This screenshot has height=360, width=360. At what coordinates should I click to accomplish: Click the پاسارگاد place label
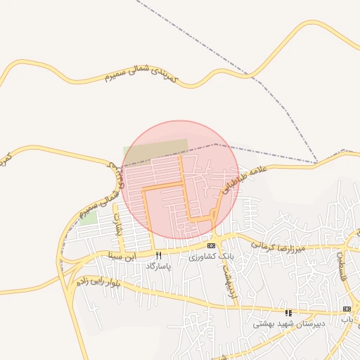coord(158,266)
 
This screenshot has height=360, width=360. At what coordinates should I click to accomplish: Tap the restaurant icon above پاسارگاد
coord(158,255)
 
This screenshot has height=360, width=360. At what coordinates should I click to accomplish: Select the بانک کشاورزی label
coord(210,257)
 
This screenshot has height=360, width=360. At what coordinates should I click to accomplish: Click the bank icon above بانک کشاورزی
coord(211,245)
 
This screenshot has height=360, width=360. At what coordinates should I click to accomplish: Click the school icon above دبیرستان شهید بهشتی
coord(288,312)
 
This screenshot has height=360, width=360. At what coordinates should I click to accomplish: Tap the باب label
coord(346,320)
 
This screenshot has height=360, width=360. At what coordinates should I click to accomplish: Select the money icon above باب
coord(346,309)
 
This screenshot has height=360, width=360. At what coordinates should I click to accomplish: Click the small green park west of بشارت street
coord(89,217)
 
